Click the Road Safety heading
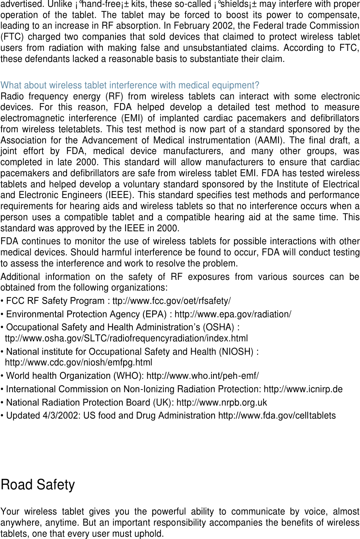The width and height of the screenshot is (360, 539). (x=38, y=485)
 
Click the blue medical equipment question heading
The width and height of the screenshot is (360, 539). (x=130, y=85)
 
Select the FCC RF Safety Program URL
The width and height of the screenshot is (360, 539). (x=171, y=301)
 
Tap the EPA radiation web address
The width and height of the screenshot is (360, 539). (x=233, y=314)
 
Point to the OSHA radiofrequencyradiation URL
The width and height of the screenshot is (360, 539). (x=126, y=339)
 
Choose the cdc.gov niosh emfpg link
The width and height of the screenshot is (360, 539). (x=78, y=362)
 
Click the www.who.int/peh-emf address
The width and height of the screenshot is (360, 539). (x=202, y=376)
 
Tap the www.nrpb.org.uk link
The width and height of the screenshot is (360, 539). (x=222, y=403)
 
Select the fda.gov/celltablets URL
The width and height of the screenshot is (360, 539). (x=277, y=416)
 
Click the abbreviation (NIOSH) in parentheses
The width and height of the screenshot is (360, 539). (x=236, y=352)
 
